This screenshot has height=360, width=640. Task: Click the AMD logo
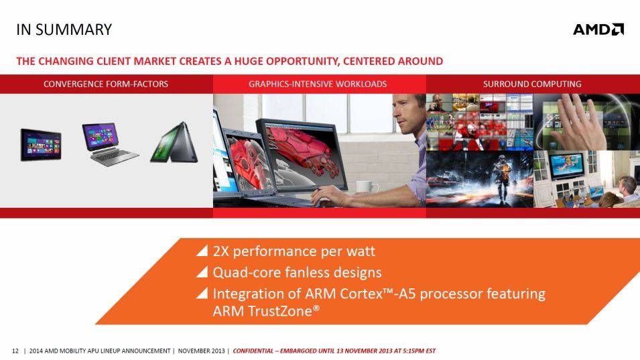598,29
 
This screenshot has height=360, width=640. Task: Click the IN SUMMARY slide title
64,29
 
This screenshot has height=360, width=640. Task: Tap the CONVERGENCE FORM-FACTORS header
106,84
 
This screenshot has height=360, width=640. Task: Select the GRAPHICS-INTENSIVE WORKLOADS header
318,84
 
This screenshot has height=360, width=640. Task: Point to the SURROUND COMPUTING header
532,84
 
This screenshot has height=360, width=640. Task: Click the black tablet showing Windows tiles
41,145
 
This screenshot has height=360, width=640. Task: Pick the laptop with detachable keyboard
109,144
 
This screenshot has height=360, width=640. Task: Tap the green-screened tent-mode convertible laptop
174,142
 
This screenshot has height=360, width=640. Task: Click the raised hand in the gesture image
580,123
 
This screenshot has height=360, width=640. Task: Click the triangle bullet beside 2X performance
202,251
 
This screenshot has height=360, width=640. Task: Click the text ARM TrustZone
265,311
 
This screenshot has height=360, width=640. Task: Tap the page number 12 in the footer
15,351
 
